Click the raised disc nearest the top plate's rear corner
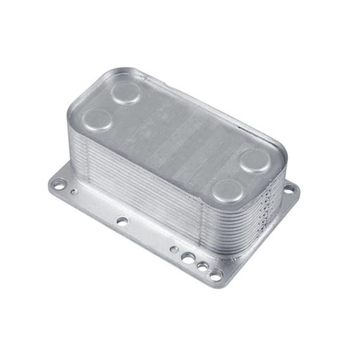[126, 93]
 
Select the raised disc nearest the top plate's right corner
[255, 161]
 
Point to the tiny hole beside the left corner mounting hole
[74, 193]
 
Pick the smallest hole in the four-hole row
[173, 248]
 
